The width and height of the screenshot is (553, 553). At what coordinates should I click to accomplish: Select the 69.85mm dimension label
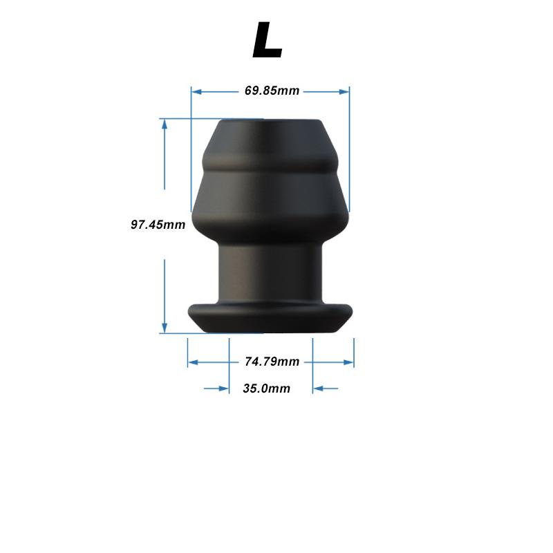point(272,91)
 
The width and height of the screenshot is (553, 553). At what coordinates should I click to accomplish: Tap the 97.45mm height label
point(158,225)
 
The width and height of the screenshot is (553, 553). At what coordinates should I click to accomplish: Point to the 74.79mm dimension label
point(272,362)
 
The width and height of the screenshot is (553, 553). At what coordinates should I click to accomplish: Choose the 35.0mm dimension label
point(266,388)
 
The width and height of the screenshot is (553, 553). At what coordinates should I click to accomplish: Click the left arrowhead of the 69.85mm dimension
point(196,91)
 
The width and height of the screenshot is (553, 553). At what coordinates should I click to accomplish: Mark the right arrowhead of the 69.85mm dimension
point(345,91)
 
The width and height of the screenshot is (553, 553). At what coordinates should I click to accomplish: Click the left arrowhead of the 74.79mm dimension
point(193,362)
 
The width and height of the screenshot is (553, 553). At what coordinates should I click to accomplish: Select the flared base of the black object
point(270,318)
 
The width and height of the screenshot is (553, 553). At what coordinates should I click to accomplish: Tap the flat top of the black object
point(270,124)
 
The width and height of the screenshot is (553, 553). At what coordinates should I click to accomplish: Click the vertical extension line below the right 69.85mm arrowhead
point(349,152)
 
